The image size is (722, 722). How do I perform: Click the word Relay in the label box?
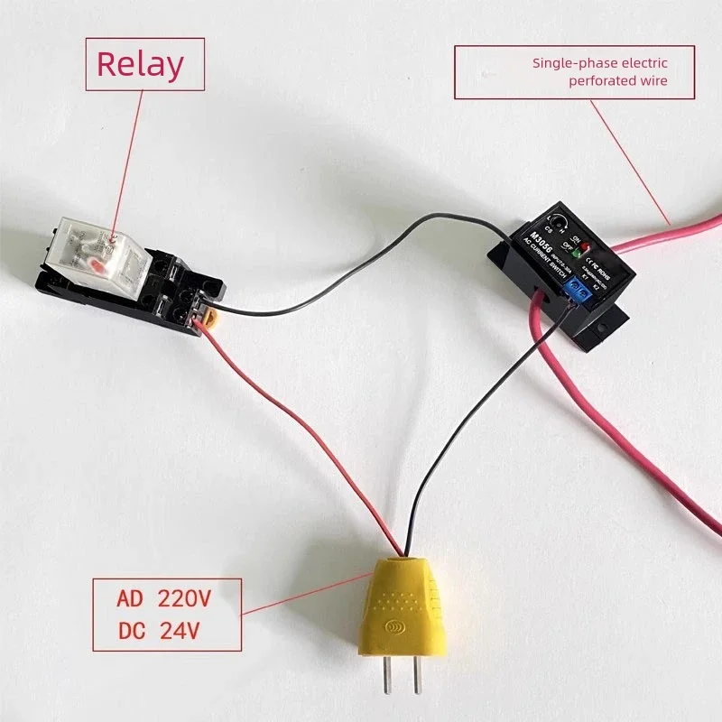click(x=140, y=64)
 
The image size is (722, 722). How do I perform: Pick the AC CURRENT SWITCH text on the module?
click(x=534, y=262)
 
